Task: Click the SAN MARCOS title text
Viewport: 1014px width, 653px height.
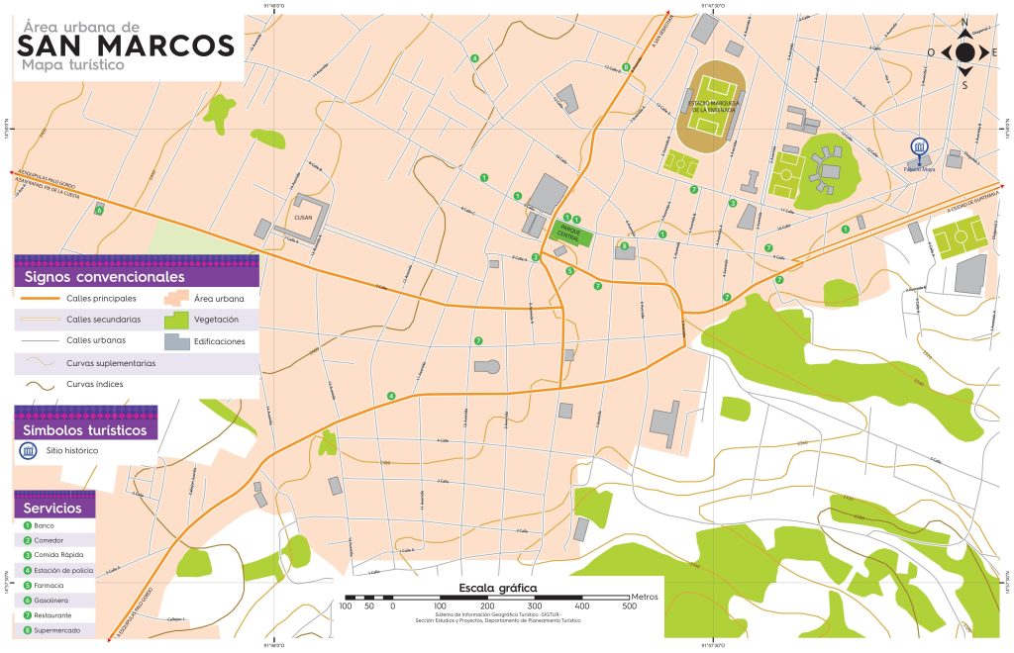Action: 127,46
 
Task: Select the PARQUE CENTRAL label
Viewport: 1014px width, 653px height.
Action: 569,231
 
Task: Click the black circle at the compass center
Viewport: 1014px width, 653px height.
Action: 964,52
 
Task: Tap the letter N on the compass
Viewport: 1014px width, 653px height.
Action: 964,21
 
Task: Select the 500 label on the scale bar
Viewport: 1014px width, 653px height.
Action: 629,606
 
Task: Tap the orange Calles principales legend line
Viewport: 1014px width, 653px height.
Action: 39,297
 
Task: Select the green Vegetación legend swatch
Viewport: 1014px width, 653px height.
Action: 177,320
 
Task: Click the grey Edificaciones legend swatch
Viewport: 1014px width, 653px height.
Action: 177,341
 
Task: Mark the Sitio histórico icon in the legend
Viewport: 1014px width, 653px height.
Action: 27,451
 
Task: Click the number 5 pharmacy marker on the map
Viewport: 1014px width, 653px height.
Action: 569,270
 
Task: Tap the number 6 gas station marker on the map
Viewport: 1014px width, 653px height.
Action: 99,210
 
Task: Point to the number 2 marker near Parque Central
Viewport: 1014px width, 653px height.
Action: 536,257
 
